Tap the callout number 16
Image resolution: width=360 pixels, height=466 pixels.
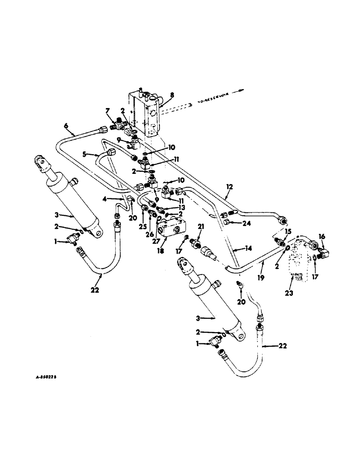pyautogui.click(x=321, y=236)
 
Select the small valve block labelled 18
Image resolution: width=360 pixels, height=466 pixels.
pyautogui.click(x=171, y=229)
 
